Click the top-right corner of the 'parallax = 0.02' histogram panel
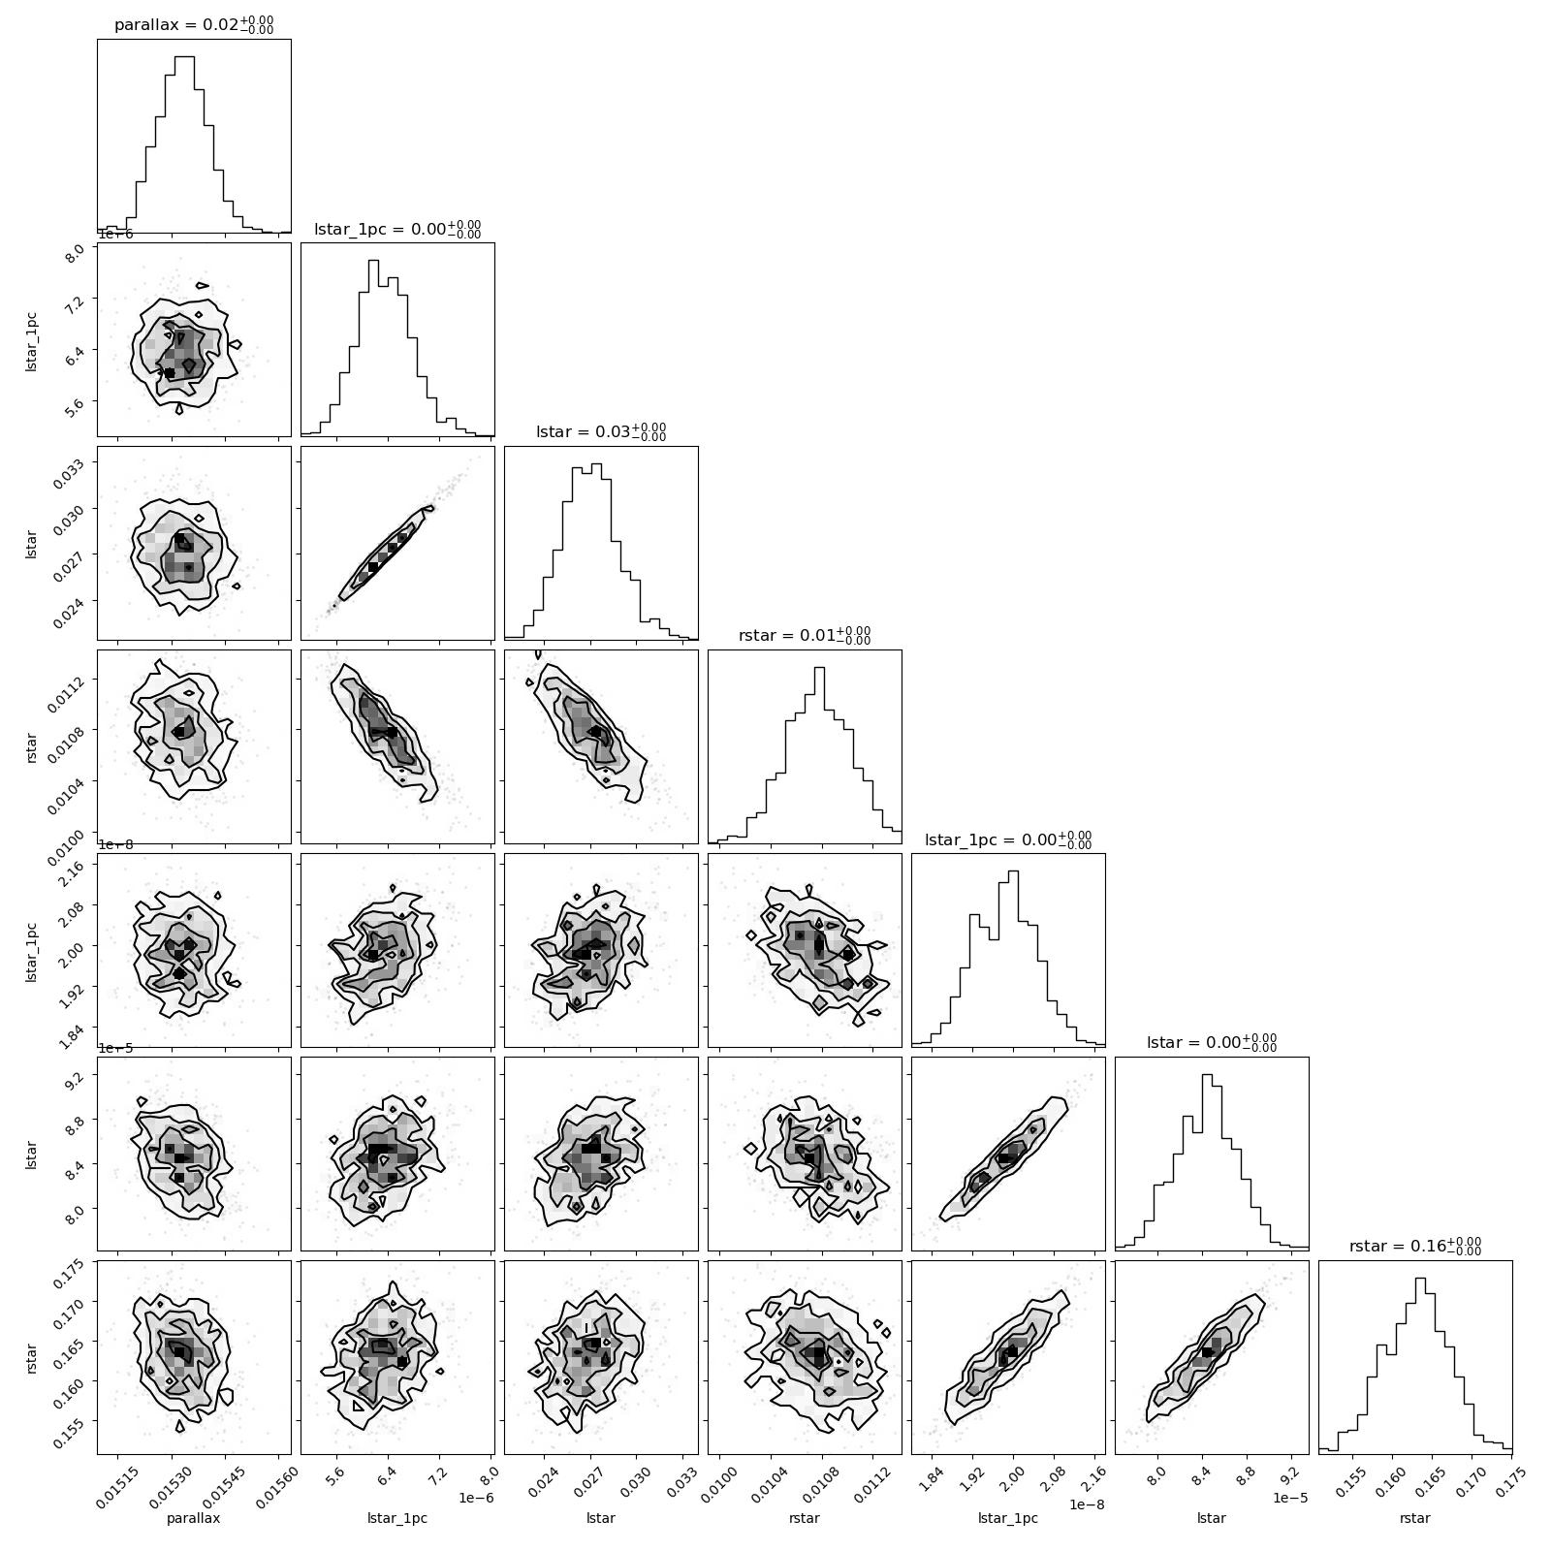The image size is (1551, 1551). [291, 40]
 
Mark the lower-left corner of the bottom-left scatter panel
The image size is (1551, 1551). [98, 1454]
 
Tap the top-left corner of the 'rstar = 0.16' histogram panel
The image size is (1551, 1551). [1319, 1261]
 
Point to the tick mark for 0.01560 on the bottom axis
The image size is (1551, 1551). [278, 1458]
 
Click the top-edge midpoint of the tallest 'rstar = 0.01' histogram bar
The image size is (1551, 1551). [819, 667]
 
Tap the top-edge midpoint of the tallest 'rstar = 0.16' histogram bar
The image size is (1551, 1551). [1420, 1278]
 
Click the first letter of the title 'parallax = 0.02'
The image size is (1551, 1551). [119, 26]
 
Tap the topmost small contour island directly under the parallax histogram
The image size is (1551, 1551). [203, 285]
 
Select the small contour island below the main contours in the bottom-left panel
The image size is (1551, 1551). [179, 1426]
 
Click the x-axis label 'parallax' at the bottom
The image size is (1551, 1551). [194, 1518]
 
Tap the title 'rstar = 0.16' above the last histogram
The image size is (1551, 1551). [1415, 1246]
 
